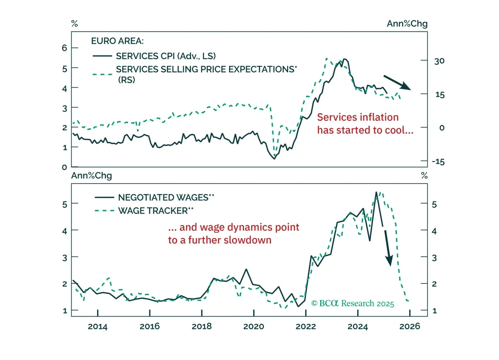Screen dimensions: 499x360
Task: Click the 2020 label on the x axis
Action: [x=254, y=327]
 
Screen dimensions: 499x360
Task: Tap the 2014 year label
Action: [x=98, y=327]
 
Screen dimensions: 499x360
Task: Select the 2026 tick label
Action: [x=410, y=327]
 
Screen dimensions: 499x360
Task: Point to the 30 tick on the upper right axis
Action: [x=439, y=61]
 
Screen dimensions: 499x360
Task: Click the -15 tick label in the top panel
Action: [x=438, y=161]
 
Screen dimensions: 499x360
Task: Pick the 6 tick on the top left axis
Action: [x=64, y=48]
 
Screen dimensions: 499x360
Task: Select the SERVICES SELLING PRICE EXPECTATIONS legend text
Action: [x=207, y=74]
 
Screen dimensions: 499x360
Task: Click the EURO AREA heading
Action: [x=117, y=41]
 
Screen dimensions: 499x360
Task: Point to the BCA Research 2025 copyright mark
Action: [x=353, y=303]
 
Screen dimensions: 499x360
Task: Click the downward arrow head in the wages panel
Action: [x=389, y=261]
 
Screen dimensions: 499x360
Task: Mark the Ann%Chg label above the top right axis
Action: [x=407, y=24]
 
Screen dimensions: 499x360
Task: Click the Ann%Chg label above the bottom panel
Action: [x=91, y=176]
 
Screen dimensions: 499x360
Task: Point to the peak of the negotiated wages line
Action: [x=376, y=192]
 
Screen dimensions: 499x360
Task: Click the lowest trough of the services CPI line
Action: [x=274, y=159]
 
